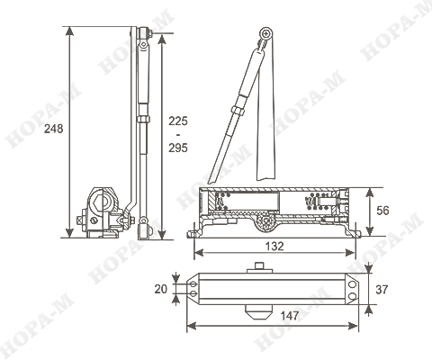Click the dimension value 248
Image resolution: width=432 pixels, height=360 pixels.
54,129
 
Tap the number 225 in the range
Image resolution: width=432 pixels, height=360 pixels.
178,121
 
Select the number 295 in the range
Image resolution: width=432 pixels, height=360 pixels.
178,148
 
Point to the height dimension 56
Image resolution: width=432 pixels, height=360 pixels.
382,211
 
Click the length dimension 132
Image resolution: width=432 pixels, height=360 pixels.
274,247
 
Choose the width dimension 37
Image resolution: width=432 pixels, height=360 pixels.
382,290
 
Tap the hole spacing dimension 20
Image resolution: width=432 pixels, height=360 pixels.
161,289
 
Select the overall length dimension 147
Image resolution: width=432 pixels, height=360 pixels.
290,316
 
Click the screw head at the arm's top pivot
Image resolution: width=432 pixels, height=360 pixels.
265,33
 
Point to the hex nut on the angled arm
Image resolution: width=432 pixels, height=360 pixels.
238,111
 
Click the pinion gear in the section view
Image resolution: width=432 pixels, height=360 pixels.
266,221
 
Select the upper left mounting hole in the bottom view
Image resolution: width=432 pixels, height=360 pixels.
193,283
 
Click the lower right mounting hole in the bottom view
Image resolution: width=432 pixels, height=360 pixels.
352,297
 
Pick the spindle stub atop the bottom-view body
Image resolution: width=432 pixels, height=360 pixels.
260,267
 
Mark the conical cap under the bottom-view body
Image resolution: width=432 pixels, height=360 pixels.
259,312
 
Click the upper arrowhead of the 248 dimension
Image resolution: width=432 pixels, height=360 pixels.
69,31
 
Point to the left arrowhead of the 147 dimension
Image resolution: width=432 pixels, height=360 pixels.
192,326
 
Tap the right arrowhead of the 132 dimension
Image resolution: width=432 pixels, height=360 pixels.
350,253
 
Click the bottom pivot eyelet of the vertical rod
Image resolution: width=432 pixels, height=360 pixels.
143,221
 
